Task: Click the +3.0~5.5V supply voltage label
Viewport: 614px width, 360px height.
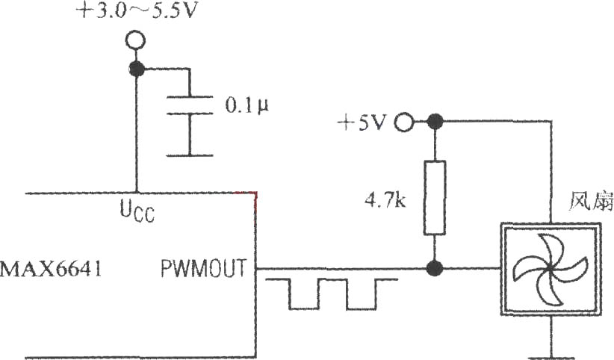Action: click(135, 11)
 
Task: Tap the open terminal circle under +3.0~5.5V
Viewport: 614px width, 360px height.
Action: click(136, 40)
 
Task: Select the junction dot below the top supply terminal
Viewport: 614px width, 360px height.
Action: click(137, 69)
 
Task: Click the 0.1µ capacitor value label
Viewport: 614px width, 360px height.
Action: click(247, 105)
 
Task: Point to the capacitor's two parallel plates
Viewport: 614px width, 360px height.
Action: click(190, 105)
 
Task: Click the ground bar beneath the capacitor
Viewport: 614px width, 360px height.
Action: click(190, 155)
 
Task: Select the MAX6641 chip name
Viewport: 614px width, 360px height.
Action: click(51, 269)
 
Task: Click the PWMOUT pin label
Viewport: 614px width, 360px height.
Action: click(204, 269)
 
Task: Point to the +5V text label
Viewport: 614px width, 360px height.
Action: click(362, 122)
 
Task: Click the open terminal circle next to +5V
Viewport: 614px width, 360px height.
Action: click(403, 122)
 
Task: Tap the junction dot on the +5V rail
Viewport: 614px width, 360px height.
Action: click(435, 122)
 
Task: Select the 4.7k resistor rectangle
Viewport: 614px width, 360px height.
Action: click(435, 198)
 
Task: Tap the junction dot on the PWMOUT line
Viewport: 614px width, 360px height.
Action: click(435, 269)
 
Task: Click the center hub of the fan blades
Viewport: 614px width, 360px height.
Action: click(551, 268)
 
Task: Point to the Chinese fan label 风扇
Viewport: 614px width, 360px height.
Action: click(592, 201)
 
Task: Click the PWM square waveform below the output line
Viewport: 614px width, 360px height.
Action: click(332, 294)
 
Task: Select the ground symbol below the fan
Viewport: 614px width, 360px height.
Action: click(551, 358)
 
